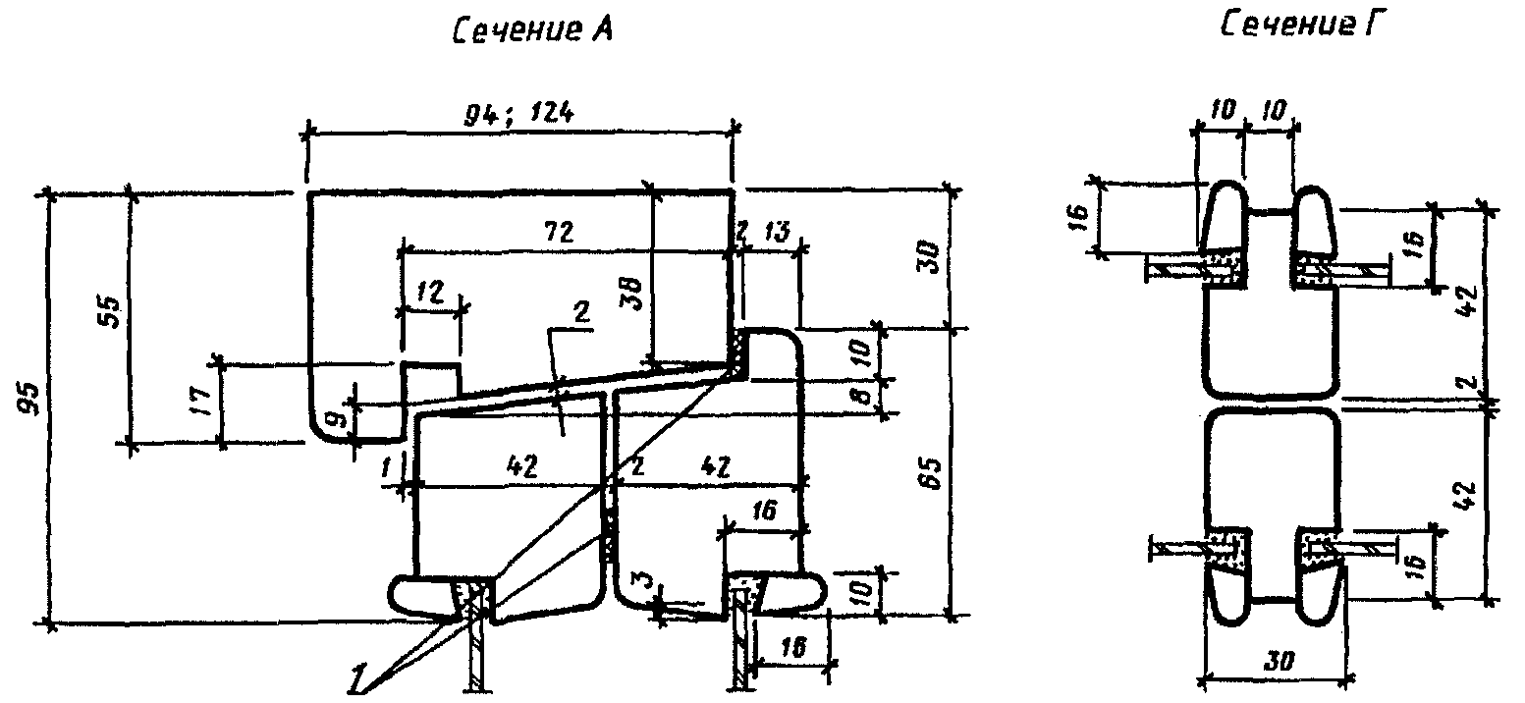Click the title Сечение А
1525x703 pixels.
[531, 31]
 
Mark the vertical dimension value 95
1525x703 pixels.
[28, 400]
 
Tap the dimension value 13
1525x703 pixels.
[773, 233]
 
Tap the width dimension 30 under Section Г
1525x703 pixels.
[1277, 662]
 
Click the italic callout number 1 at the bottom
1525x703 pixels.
[357, 676]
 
